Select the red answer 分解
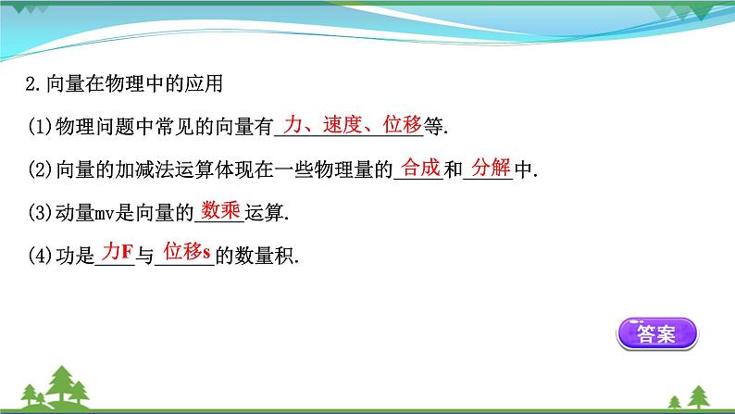(486, 168)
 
